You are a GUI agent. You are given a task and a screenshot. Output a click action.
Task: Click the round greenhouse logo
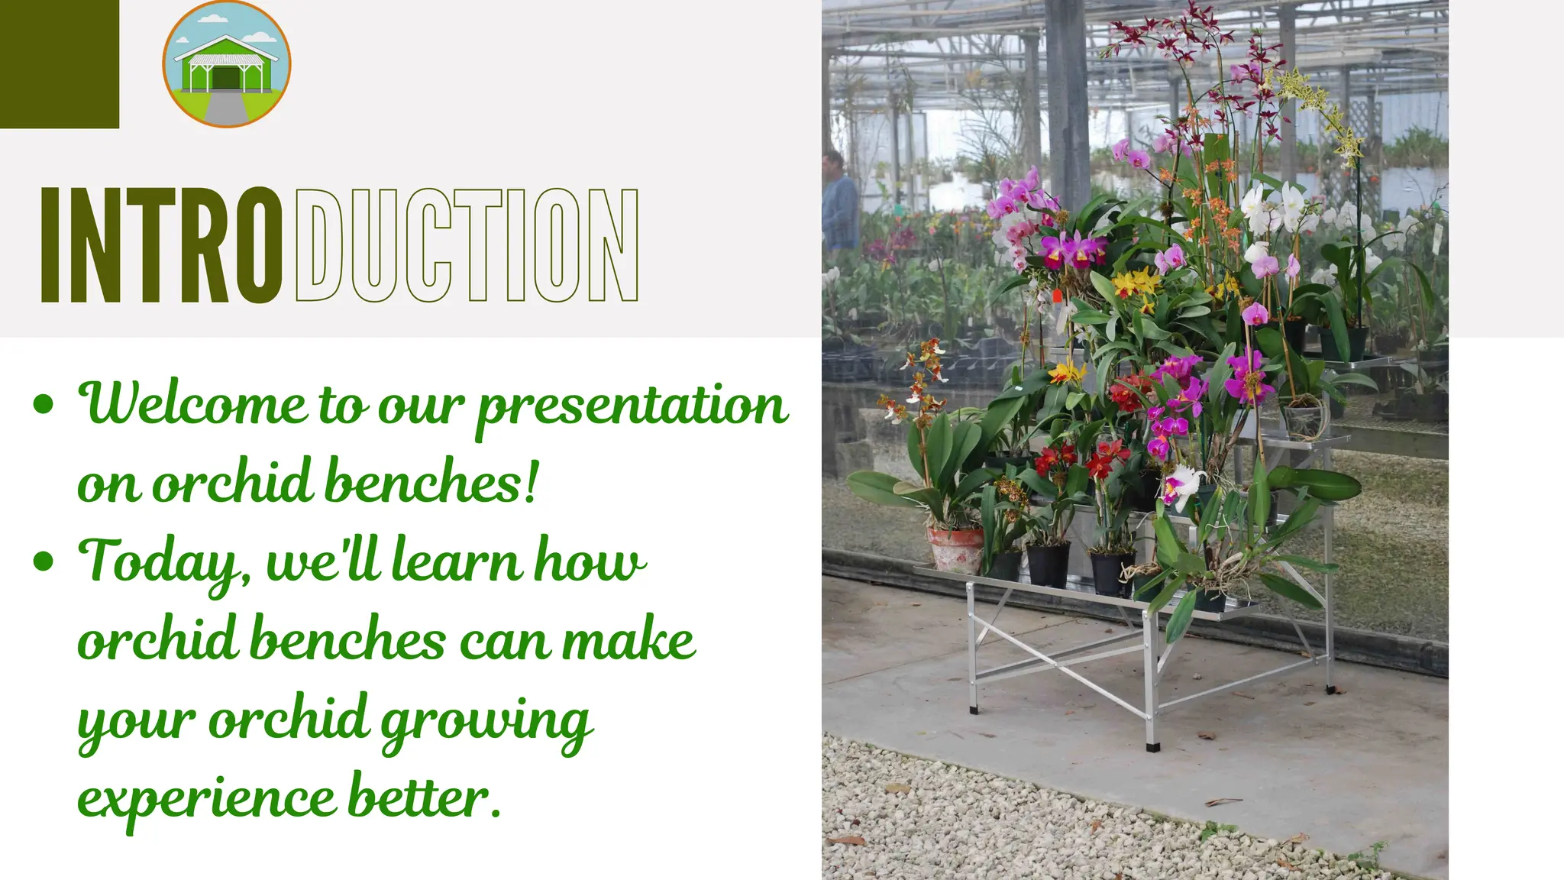click(227, 64)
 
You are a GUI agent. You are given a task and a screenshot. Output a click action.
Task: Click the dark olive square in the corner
click(59, 63)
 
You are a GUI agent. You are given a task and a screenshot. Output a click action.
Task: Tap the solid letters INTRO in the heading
click(161, 245)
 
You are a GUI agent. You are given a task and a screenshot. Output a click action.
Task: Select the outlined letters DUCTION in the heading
click(467, 245)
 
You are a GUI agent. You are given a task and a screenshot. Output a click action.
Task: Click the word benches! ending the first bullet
click(432, 482)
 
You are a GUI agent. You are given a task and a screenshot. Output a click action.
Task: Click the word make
click(629, 639)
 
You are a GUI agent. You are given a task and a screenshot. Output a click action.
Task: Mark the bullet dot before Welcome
click(44, 404)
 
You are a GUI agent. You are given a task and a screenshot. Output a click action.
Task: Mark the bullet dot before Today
click(44, 561)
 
